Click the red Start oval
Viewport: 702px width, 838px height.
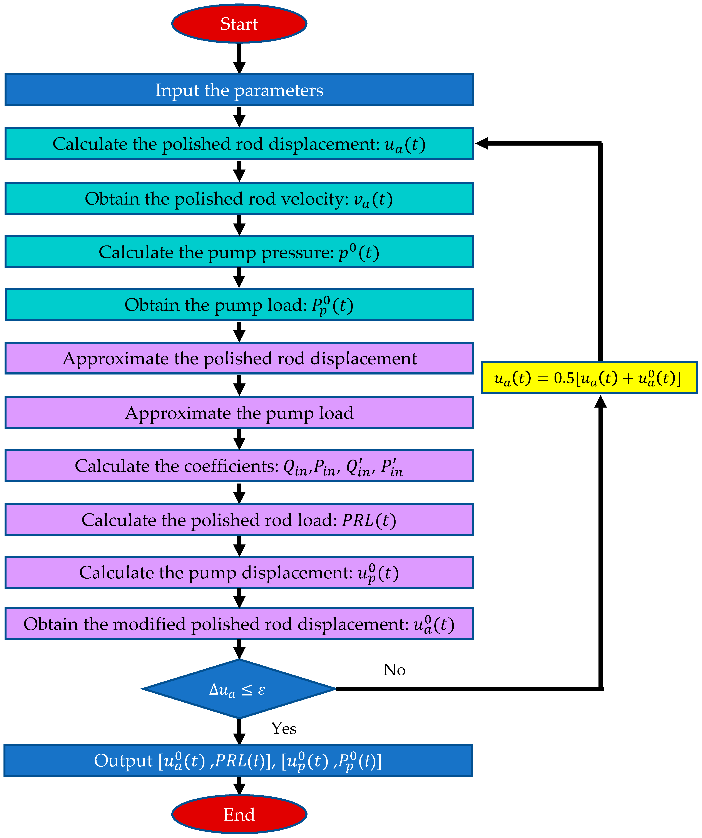(239, 24)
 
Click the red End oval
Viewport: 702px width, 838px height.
(239, 814)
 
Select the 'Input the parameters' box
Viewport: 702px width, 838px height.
(239, 90)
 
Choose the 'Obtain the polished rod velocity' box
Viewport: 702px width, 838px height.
(239, 199)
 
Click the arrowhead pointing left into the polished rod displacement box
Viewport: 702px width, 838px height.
(482, 143)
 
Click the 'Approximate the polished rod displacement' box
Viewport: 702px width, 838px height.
(239, 358)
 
